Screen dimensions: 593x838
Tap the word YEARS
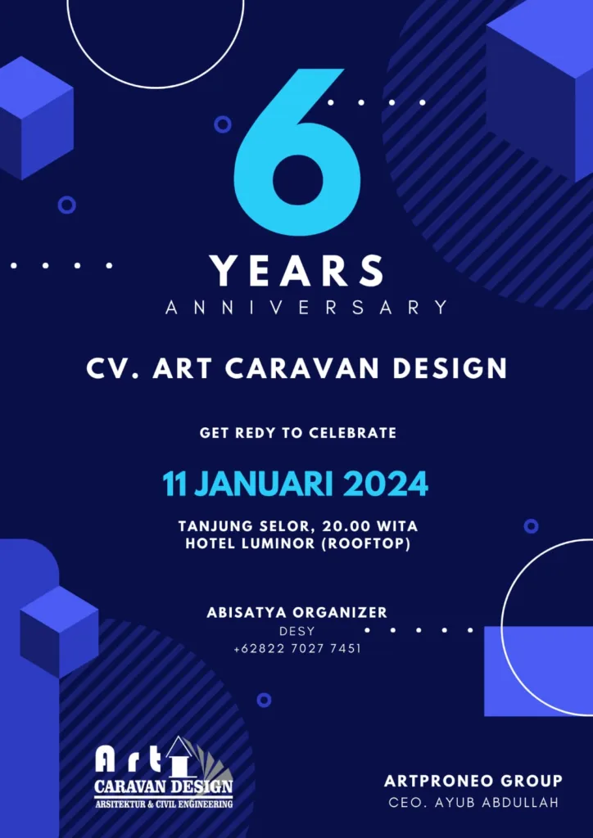(x=296, y=272)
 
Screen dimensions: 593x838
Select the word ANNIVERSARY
(x=306, y=308)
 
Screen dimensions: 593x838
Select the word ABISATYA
(x=239, y=612)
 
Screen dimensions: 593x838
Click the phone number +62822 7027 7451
(x=296, y=649)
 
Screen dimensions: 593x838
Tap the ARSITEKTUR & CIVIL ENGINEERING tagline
(x=164, y=804)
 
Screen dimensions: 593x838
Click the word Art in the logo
(x=128, y=759)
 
